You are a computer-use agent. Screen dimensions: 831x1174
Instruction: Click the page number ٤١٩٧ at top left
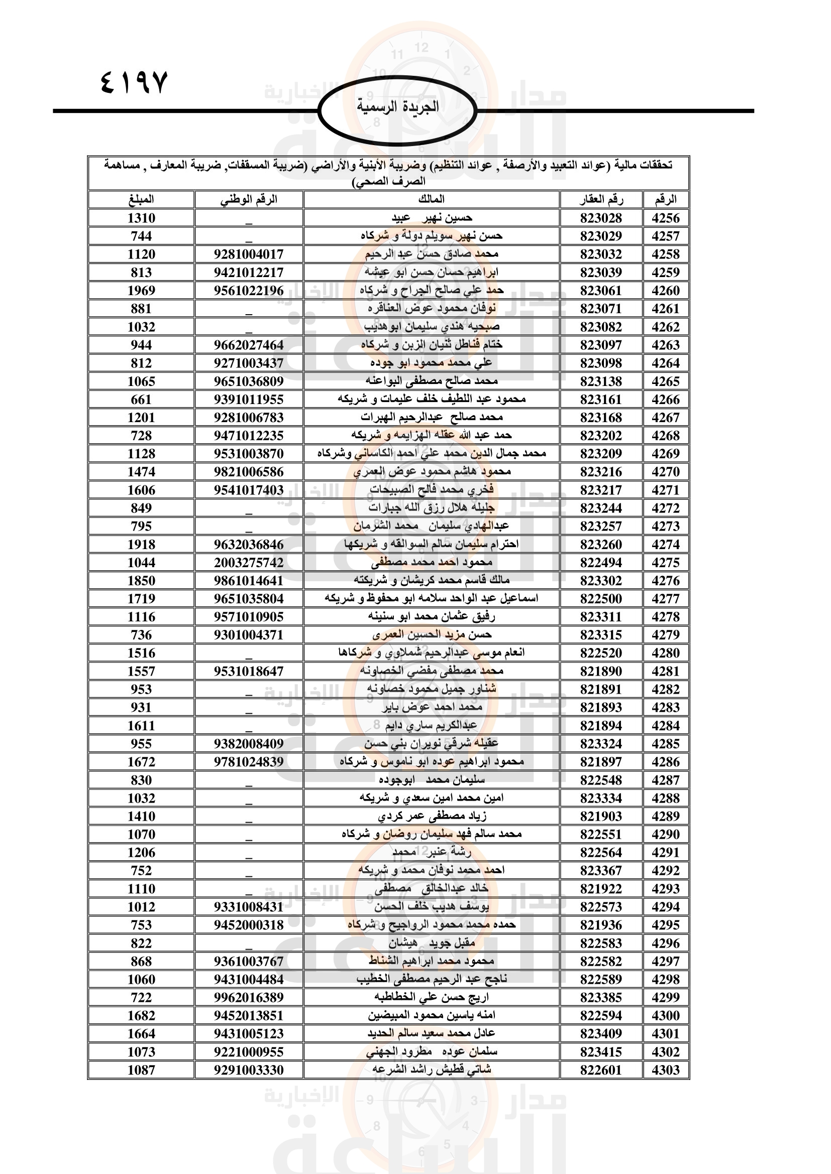[x=134, y=83]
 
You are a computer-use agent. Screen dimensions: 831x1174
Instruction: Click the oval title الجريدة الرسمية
[x=397, y=107]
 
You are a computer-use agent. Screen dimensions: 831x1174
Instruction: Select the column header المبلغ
[x=141, y=199]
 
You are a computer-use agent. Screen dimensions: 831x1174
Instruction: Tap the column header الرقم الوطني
[x=249, y=199]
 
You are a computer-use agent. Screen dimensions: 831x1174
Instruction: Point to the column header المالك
[x=432, y=199]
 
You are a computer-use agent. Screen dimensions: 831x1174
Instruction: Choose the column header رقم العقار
[x=601, y=199]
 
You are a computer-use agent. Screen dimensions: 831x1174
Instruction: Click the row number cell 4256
[x=665, y=218]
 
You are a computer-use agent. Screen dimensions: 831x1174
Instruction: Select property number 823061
[x=601, y=291]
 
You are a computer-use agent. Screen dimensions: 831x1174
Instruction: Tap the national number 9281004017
[x=249, y=254]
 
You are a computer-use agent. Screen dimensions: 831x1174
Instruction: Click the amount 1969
[x=141, y=291]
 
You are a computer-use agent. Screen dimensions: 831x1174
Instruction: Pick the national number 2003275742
[x=249, y=563]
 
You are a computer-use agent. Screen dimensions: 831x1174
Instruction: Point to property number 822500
[x=601, y=599]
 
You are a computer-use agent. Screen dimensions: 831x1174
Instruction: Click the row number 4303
[x=665, y=1070]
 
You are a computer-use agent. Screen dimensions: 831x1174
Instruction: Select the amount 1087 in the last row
[x=141, y=1070]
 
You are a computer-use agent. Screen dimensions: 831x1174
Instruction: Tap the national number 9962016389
[x=249, y=998]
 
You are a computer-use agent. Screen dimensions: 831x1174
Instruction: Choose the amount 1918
[x=141, y=545]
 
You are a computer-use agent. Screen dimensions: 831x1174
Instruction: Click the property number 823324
[x=601, y=744]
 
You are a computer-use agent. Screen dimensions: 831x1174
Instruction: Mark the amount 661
[x=141, y=400]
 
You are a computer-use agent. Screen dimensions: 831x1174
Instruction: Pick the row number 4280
[x=665, y=653]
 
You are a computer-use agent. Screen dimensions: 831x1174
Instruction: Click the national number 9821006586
[x=249, y=472]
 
